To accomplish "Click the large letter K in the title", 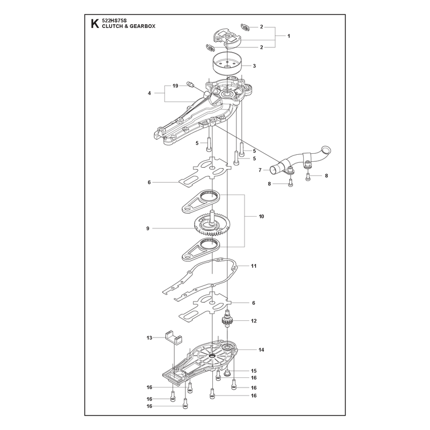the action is (x=95, y=24).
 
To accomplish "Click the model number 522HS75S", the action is (x=113, y=20).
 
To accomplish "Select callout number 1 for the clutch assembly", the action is (x=289, y=36).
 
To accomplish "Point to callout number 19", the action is (x=175, y=86).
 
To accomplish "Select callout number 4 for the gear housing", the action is (x=149, y=93).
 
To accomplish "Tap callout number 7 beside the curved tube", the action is (x=260, y=170).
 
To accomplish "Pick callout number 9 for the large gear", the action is (x=148, y=228).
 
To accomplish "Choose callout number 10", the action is (x=261, y=217).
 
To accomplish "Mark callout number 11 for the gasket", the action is (x=254, y=266).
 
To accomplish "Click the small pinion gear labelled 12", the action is (x=226, y=319).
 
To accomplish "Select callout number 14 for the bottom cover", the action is (x=261, y=350).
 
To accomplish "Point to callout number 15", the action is (x=254, y=371).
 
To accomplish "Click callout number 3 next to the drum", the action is (x=254, y=66).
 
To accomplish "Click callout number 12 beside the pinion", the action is (x=254, y=320).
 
